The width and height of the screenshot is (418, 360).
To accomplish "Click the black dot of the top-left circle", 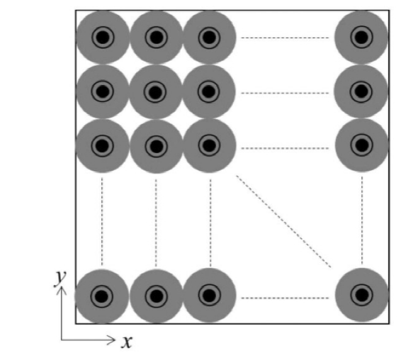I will coord(103,37).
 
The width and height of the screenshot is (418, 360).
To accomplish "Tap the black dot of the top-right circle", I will coord(361,37).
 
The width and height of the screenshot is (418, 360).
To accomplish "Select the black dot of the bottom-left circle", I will coord(103,296).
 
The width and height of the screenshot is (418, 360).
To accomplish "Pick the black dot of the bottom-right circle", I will coord(361,296).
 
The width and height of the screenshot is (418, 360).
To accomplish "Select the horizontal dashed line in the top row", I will coord(285,38).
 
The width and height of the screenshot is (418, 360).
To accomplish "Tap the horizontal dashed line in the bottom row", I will coord(285,298).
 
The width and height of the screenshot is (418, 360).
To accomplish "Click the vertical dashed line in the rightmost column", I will coord(361,220).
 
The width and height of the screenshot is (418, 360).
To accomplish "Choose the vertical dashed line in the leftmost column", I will coord(103,220).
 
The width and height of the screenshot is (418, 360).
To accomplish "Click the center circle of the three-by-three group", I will coord(156,91).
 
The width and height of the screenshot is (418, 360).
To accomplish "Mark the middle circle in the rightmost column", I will coord(361,91).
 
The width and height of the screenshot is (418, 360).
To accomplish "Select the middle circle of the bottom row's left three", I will coord(156,296).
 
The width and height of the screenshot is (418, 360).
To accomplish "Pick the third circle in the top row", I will coord(209,37).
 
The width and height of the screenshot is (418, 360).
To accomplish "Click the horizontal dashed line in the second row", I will coord(285,93).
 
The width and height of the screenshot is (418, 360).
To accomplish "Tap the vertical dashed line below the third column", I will coord(210,220).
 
